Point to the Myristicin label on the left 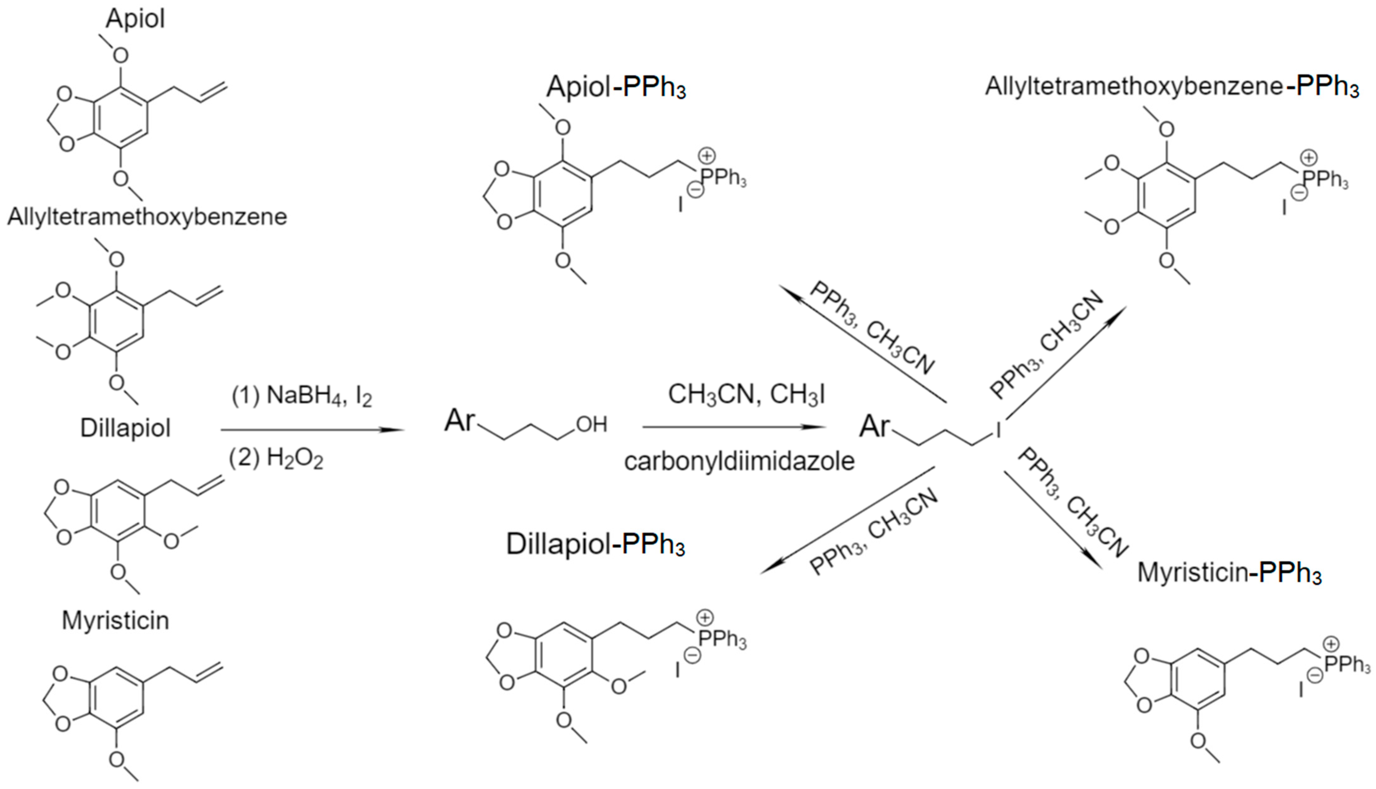point(115,620)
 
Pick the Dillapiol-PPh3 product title point(595,545)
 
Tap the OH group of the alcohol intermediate point(591,424)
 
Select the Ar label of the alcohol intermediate point(460,421)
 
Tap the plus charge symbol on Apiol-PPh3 point(706,156)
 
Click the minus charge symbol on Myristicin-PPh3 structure point(1314,675)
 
